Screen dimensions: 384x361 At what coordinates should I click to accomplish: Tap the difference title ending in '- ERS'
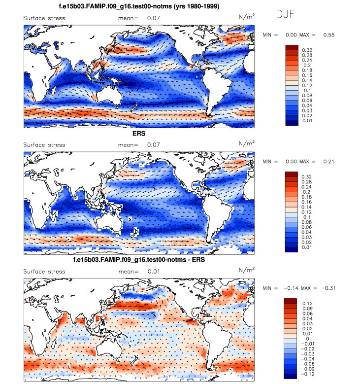click(x=139, y=260)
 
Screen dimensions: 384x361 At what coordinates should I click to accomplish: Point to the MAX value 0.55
click(x=329, y=35)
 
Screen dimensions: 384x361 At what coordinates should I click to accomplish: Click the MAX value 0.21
click(x=329, y=162)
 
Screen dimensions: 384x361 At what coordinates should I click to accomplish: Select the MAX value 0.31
click(x=329, y=288)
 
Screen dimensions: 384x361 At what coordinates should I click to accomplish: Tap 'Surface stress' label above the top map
click(x=44, y=18)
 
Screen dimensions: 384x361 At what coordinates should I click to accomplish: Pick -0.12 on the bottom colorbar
click(x=307, y=373)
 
